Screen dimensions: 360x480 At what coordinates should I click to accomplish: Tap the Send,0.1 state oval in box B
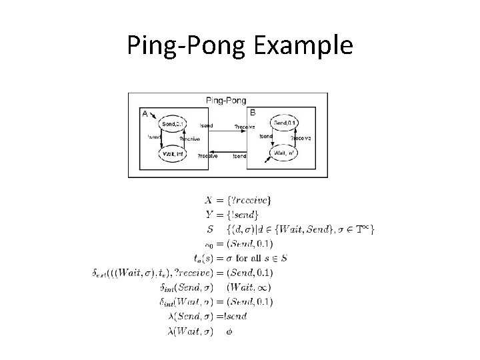(x=285, y=123)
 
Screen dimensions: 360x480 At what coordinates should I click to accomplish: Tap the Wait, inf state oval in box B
(x=285, y=153)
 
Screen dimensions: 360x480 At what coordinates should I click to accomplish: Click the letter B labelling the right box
(x=253, y=113)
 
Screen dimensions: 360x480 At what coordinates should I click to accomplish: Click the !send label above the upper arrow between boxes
(x=207, y=126)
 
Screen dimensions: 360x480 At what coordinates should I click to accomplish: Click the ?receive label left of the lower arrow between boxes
(x=207, y=156)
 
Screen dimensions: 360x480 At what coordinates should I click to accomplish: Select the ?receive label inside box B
(x=301, y=138)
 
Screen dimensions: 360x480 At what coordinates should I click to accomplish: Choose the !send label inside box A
(x=153, y=137)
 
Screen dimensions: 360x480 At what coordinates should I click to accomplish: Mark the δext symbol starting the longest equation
(x=101, y=273)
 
